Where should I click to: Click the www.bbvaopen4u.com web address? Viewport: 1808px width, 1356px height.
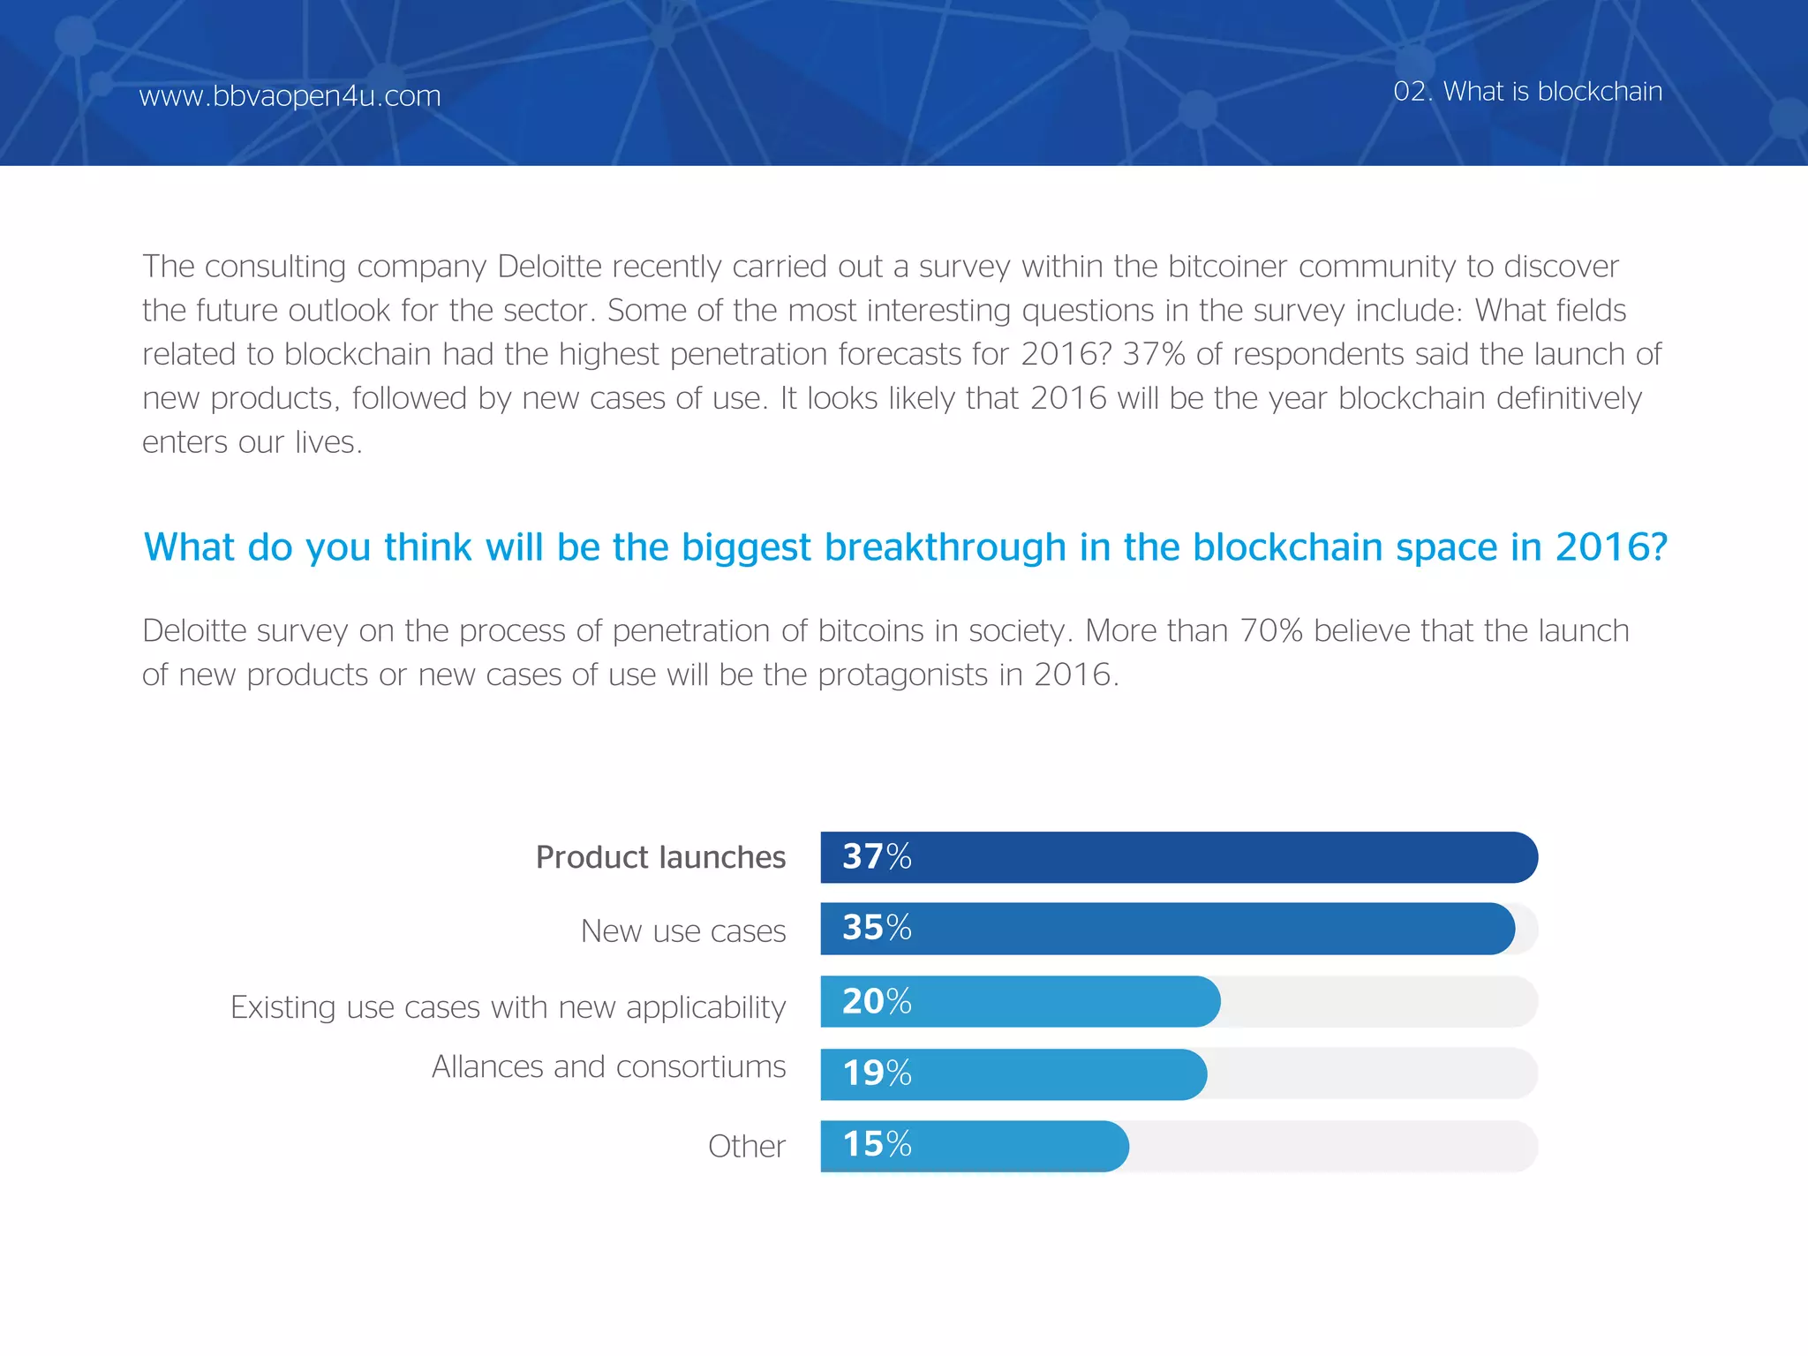pyautogui.click(x=290, y=95)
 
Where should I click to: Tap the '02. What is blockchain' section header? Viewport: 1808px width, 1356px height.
pyautogui.click(x=1527, y=91)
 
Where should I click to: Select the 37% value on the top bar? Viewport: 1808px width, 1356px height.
pyautogui.click(x=877, y=856)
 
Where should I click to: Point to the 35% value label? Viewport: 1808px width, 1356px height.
pyautogui.click(x=877, y=928)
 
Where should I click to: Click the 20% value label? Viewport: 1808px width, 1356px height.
pyautogui.click(x=877, y=1001)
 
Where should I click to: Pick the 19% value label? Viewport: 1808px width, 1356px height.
pyautogui.click(x=877, y=1073)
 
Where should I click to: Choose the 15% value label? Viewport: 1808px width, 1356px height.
pyautogui.click(x=877, y=1145)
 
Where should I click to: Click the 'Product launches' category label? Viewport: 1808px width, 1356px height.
pyautogui.click(x=660, y=857)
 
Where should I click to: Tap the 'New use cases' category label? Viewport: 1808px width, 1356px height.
pyautogui.click(x=682, y=930)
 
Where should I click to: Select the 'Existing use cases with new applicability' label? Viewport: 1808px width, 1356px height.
pyautogui.click(x=508, y=1006)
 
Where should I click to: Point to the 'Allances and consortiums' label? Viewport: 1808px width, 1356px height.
pyautogui.click(x=608, y=1066)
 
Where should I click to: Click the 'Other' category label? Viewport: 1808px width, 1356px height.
pyautogui.click(x=746, y=1146)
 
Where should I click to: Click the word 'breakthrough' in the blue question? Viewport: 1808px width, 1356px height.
pyautogui.click(x=945, y=547)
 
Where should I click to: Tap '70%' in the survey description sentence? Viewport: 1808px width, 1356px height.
pyautogui.click(x=1271, y=630)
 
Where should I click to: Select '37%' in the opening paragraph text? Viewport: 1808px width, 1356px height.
pyautogui.click(x=1153, y=354)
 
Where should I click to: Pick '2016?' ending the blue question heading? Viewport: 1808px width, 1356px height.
pyautogui.click(x=1610, y=547)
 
